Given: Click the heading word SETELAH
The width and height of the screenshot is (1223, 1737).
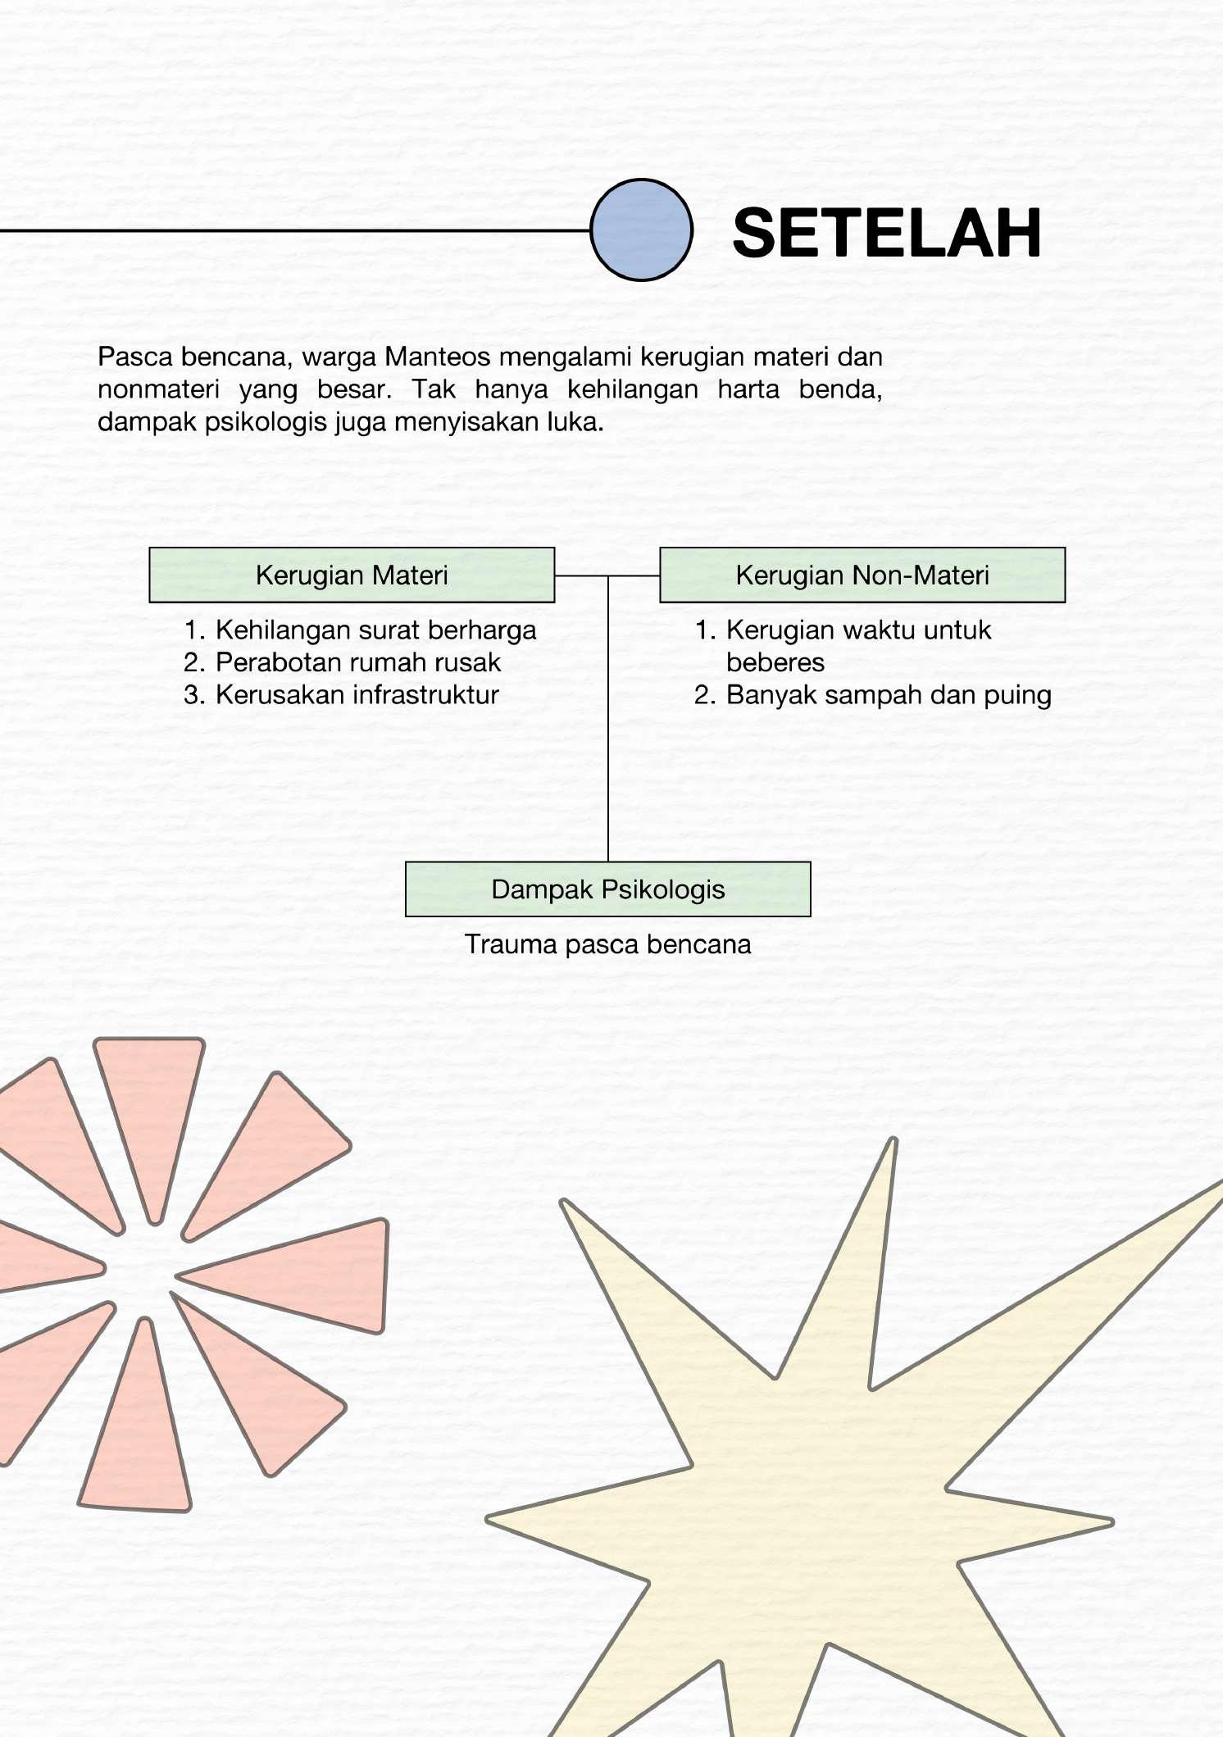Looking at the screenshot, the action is click(886, 234).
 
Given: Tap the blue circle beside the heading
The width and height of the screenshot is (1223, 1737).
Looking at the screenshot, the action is click(641, 230).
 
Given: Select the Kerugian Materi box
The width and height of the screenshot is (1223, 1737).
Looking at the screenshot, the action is click(352, 575).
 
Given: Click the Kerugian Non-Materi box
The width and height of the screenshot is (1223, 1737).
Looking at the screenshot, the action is click(862, 575).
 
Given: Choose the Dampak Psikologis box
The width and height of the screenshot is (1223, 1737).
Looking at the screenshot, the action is click(607, 889).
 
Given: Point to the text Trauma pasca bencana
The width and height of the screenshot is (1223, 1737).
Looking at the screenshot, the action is click(607, 944).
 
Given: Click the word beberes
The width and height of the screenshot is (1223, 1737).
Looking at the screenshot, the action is click(775, 662).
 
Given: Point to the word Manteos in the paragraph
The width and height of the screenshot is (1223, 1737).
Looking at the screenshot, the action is click(438, 357).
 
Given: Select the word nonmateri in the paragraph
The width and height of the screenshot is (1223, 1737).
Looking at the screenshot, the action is click(158, 389).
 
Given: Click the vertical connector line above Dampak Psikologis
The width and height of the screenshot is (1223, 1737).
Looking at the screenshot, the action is click(608, 738).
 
